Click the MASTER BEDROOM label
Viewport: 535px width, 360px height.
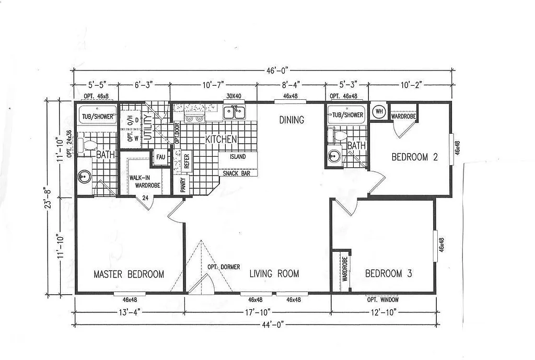click(129, 274)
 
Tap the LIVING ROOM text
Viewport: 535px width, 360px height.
click(274, 273)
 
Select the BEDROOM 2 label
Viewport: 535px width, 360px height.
click(414, 157)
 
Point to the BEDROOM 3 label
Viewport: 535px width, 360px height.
click(391, 273)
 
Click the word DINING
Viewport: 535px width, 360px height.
click(291, 120)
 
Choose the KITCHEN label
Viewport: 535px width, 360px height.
click(221, 140)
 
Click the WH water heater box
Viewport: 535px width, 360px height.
click(379, 111)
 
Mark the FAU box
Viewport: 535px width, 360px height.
click(160, 157)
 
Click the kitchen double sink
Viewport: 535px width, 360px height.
click(235, 112)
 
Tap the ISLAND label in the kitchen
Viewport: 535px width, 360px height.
click(237, 157)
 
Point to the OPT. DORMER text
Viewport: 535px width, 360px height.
click(224, 267)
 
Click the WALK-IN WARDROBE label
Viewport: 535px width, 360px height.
click(144, 181)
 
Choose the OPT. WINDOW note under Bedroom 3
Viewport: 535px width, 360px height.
click(383, 300)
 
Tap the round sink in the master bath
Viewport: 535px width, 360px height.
click(84, 177)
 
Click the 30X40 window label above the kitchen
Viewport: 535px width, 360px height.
click(234, 97)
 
